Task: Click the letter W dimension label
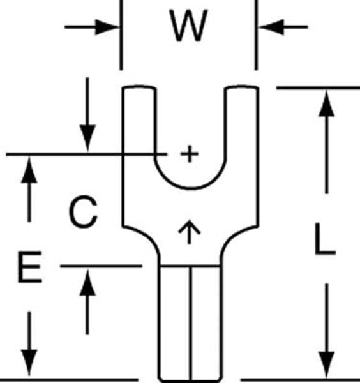point(188,26)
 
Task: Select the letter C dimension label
point(84,212)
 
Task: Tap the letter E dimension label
point(30,267)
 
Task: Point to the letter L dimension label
point(325,239)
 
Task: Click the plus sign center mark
point(190,154)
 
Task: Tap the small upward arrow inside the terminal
point(190,232)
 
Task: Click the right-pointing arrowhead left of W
point(107,27)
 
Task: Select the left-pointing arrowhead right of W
point(271,27)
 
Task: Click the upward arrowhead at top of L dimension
point(327,103)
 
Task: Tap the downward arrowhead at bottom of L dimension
point(327,365)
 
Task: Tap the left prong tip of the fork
point(139,87)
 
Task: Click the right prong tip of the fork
point(241,87)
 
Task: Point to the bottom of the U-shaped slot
point(190,188)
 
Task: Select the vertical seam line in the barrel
point(190,323)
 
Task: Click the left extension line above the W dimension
point(121,35)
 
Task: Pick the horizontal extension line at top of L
point(318,87)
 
